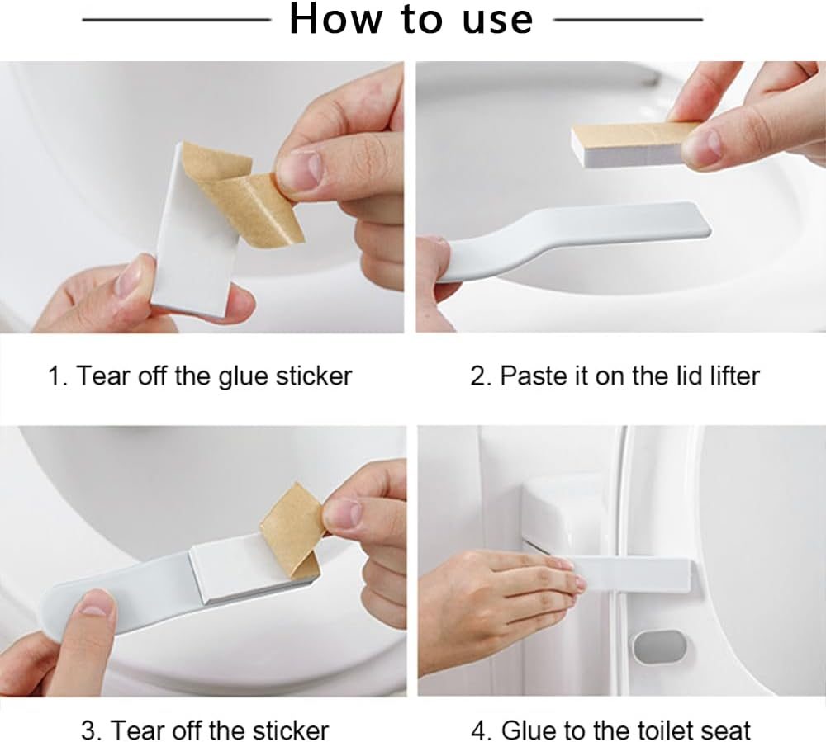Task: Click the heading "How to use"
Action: (411, 20)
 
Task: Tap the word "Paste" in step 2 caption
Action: (534, 376)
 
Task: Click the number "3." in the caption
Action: (91, 730)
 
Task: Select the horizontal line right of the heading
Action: (628, 19)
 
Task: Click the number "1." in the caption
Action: (57, 376)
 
